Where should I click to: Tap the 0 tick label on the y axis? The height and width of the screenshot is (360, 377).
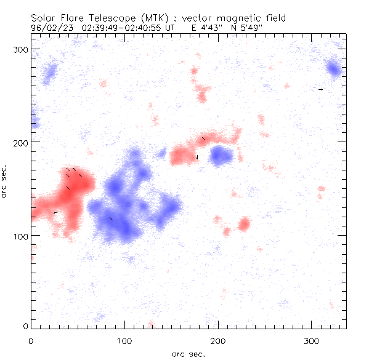[x=25, y=326]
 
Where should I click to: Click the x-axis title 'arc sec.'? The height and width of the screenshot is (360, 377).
[x=188, y=354]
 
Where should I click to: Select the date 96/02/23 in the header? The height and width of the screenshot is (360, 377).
[x=50, y=28]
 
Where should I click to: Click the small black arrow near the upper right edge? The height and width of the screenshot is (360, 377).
[x=320, y=89]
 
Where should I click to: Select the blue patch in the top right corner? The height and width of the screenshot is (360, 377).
[x=334, y=68]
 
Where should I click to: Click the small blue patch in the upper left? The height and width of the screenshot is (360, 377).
[x=48, y=74]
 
